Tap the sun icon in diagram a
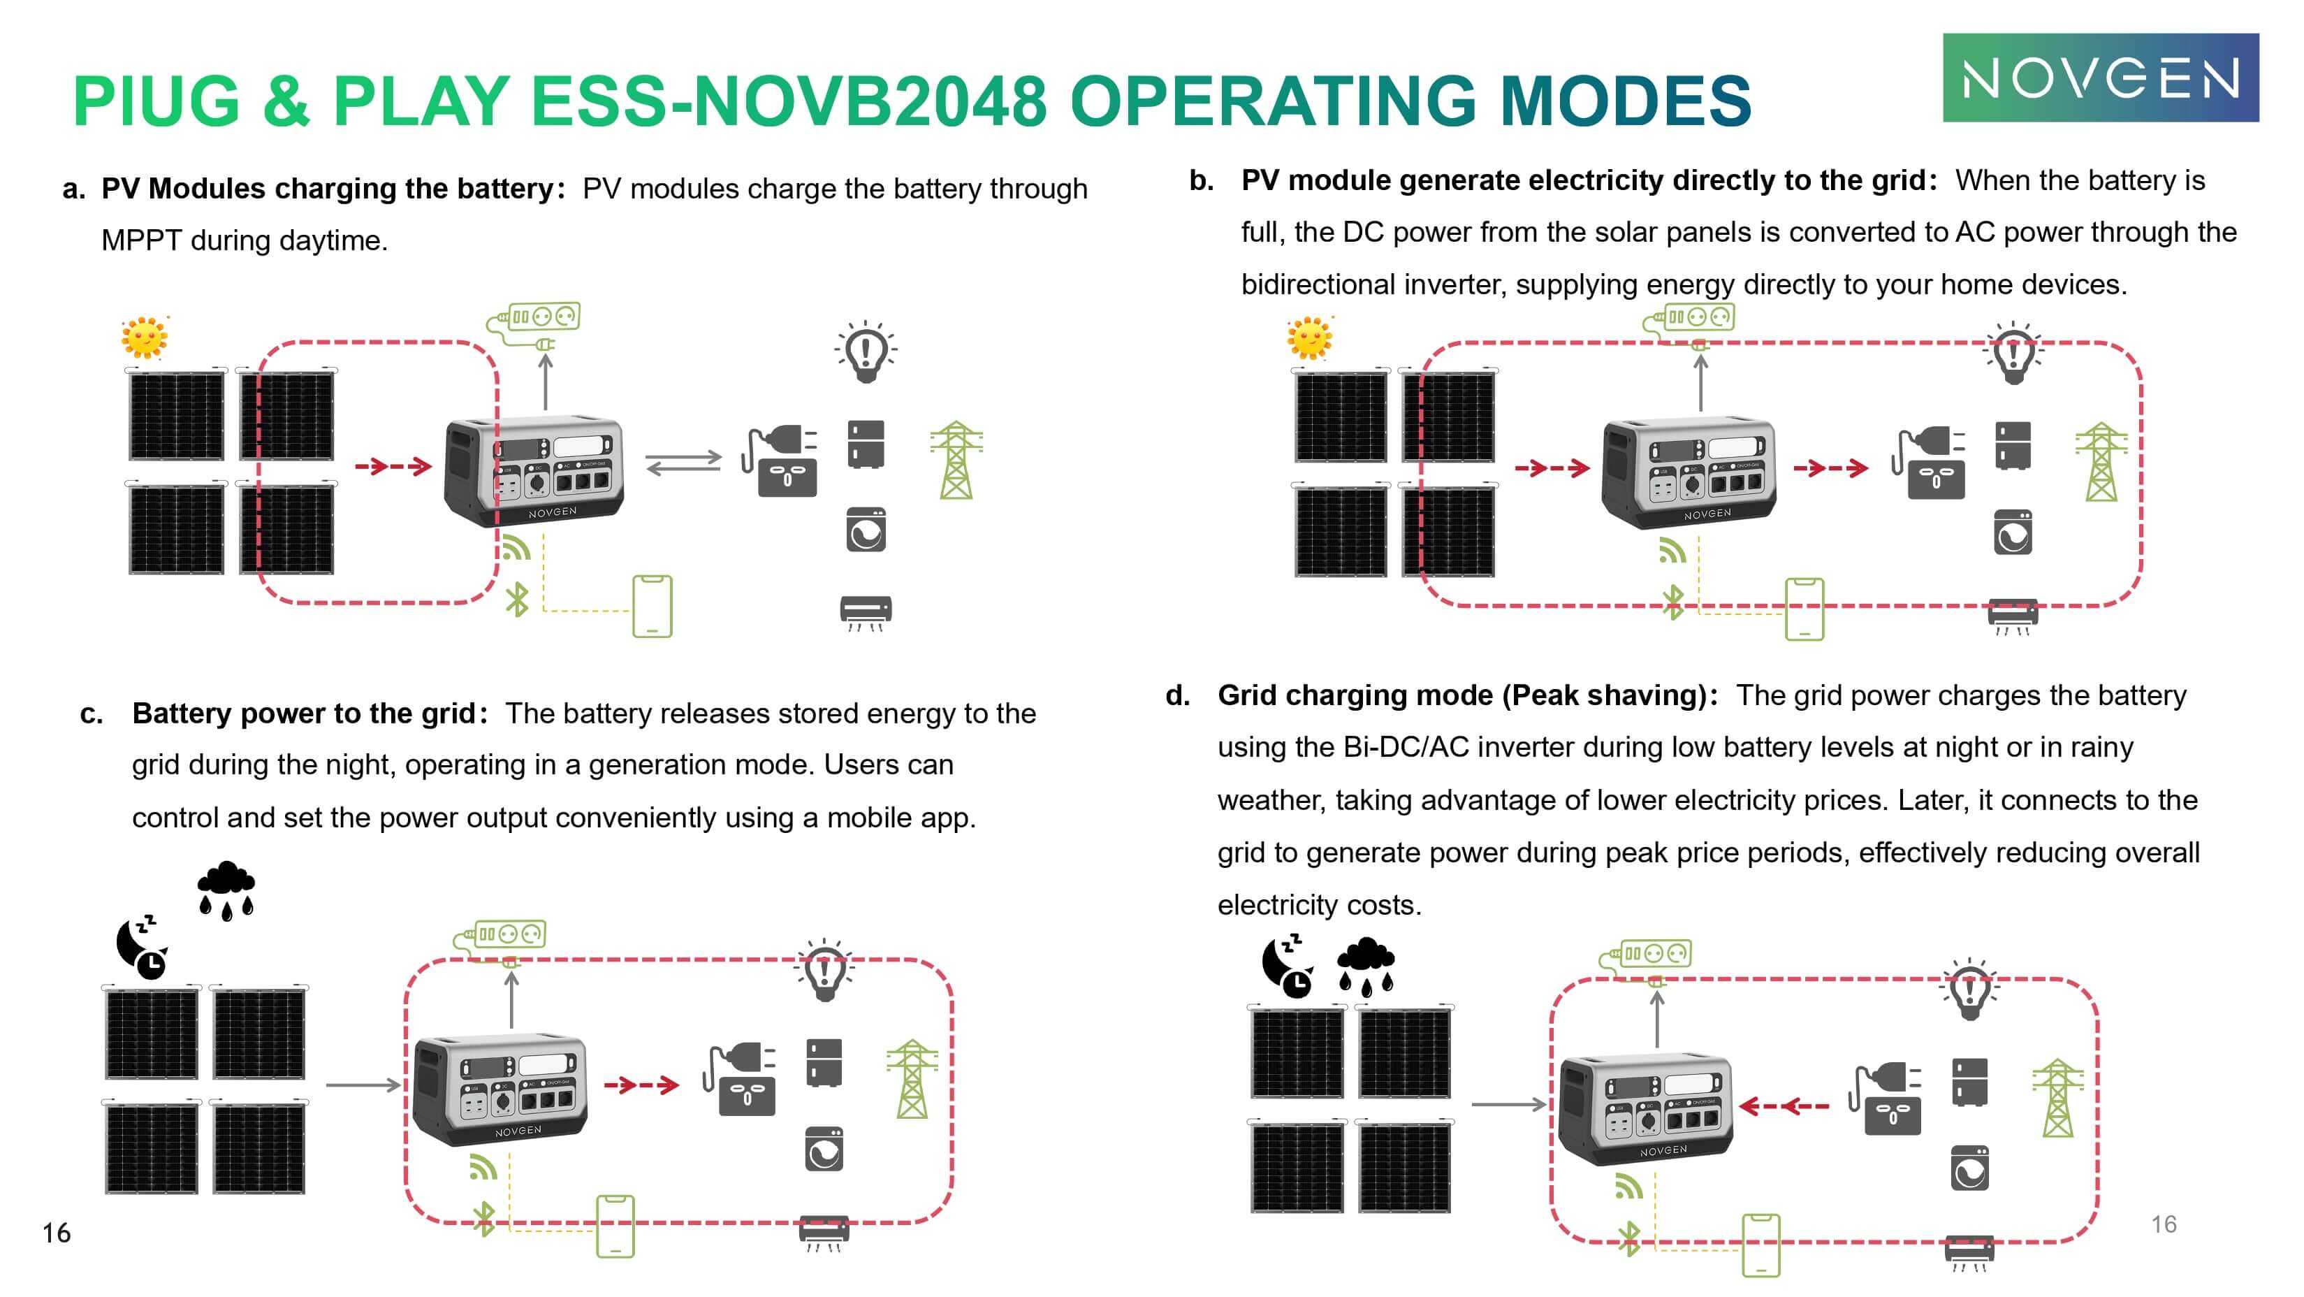tap(145, 338)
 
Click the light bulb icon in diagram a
tap(865, 352)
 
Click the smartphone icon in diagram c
tap(615, 1226)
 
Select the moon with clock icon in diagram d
tap(1286, 966)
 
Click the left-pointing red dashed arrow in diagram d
tap(1785, 1106)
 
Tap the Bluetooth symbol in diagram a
tap(517, 600)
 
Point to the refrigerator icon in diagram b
tap(2013, 444)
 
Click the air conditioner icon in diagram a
tap(865, 613)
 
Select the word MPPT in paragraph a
tap(141, 240)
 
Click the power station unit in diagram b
tap(1688, 472)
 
